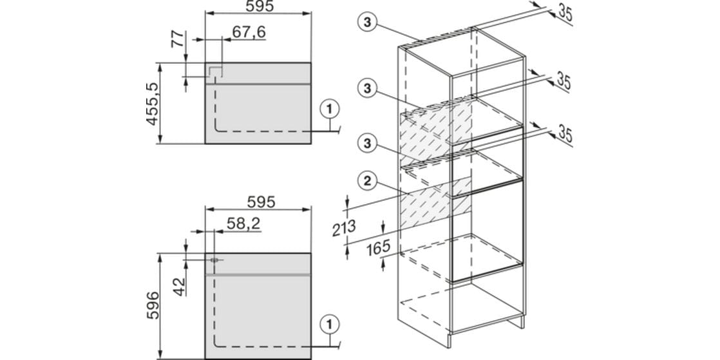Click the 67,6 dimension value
pos(249,32)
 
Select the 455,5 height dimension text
pos(152,104)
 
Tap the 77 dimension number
pos(177,39)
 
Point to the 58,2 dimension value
pos(244,223)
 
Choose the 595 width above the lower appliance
pos(260,202)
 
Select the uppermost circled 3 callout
pos(366,21)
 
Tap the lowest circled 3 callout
pos(366,143)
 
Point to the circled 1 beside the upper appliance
pos(329,109)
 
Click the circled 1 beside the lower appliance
pos(329,325)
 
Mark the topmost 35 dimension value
pos(565,14)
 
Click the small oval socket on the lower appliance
pos(214,260)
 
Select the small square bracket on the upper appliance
pos(216,71)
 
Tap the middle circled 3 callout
pos(366,89)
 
